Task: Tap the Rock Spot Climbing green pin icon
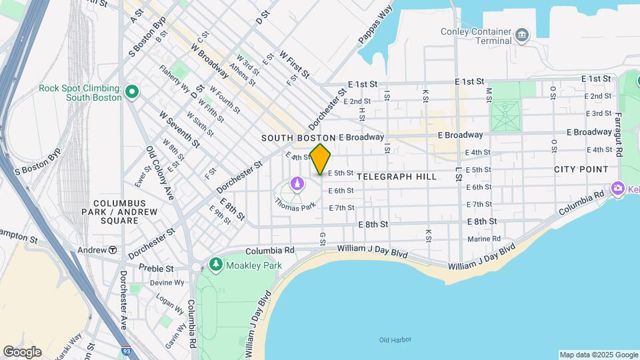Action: pos(132,91)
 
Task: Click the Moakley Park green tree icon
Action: pos(216,265)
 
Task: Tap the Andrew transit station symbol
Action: pos(113,250)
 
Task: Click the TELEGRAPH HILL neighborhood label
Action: pos(397,177)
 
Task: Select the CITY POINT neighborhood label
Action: pos(581,170)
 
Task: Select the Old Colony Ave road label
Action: pos(160,173)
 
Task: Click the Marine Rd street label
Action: pos(483,239)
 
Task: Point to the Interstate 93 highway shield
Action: pos(126,350)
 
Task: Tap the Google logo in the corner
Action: pos(22,352)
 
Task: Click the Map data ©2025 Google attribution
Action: pos(597,355)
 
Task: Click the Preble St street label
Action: pos(156,268)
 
